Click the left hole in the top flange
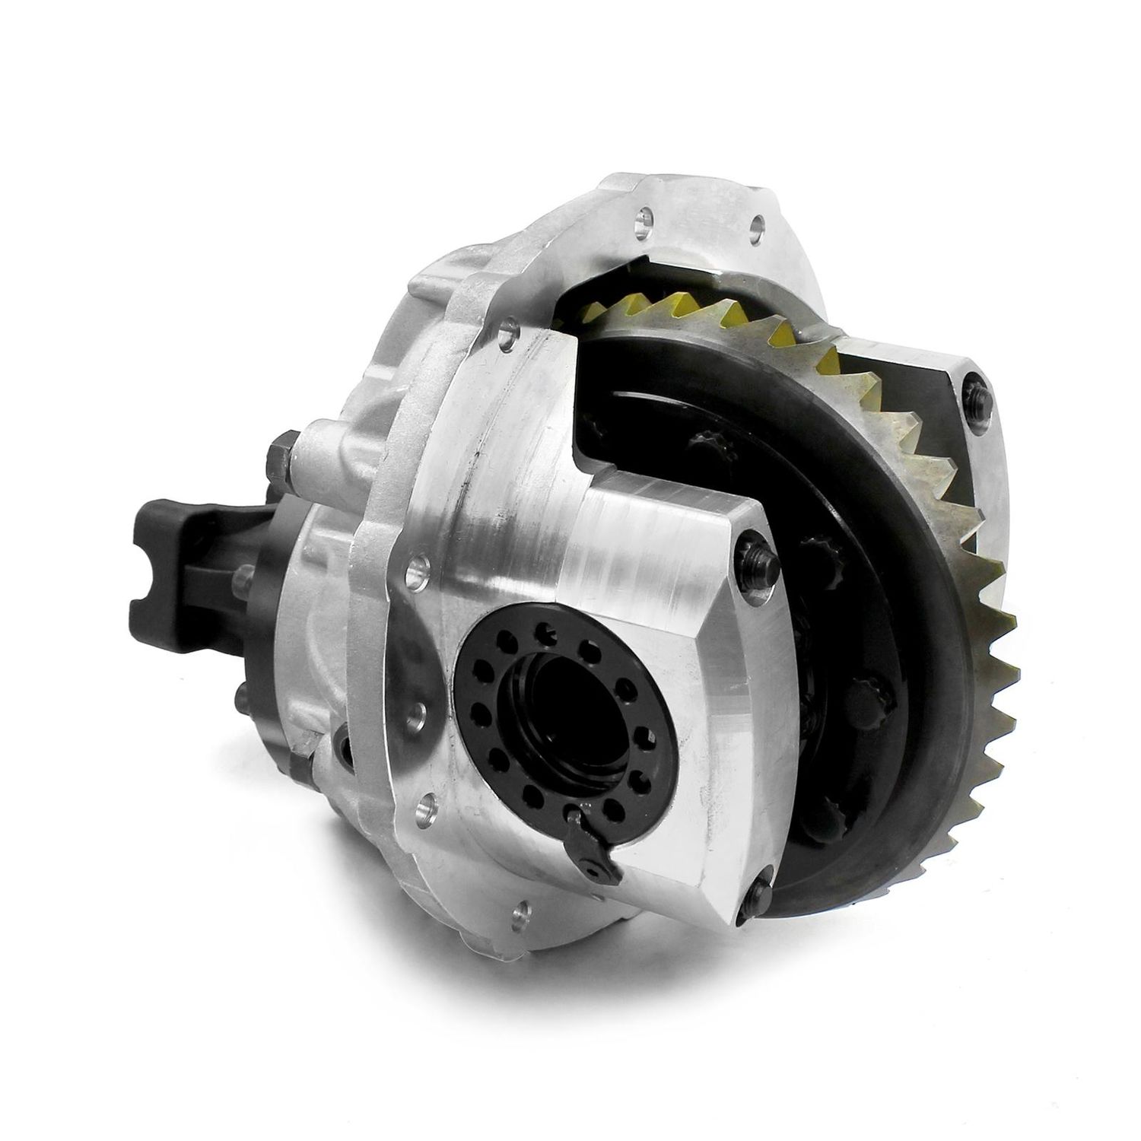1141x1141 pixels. [644, 221]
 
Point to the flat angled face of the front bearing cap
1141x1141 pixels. [742, 730]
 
